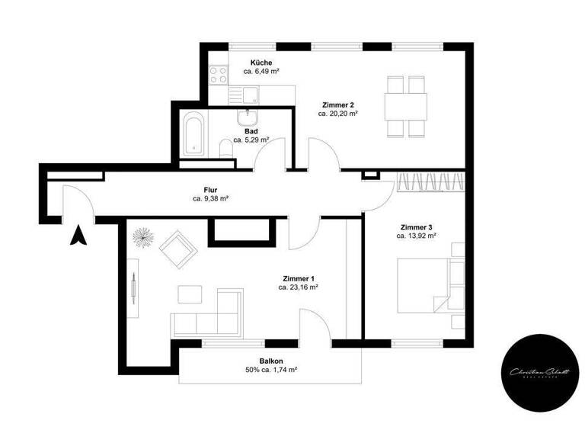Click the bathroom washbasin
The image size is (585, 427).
coord(247,120)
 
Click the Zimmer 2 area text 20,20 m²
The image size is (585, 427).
coord(337,113)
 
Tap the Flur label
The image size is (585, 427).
coord(211,188)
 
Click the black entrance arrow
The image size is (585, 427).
coord(77,236)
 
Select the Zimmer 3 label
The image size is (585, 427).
coord(416,227)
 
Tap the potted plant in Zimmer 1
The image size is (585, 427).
coord(142,237)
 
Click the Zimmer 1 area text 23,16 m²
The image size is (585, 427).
coord(298,287)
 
